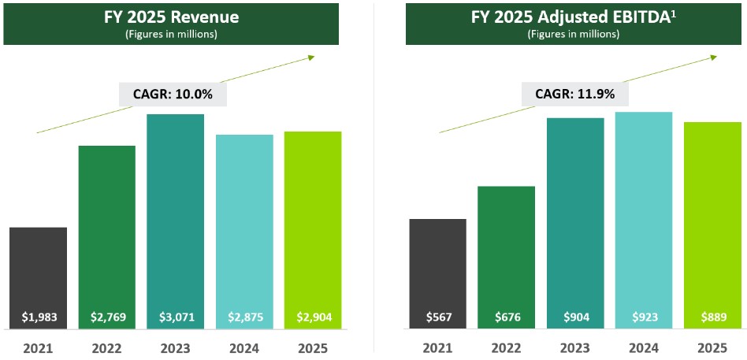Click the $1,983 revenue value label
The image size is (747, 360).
[38, 317]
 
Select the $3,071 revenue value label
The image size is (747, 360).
[176, 317]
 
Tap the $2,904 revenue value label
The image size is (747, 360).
[313, 317]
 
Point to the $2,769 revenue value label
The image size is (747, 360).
[106, 317]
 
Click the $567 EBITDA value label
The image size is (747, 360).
[438, 317]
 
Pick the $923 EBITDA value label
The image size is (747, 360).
[644, 317]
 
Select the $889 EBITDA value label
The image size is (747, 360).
[713, 317]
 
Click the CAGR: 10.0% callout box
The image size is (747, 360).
[173, 95]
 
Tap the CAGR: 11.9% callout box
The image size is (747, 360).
[575, 95]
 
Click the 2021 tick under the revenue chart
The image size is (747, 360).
[38, 347]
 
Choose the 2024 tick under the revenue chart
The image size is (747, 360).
[244, 347]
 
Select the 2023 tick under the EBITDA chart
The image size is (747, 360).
[575, 347]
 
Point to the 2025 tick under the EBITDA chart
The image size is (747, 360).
[713, 347]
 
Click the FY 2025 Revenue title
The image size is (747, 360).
[172, 17]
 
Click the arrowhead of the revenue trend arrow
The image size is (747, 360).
[312, 56]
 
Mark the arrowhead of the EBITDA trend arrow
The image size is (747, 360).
[714, 56]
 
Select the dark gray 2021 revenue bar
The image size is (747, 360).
[38, 268]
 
